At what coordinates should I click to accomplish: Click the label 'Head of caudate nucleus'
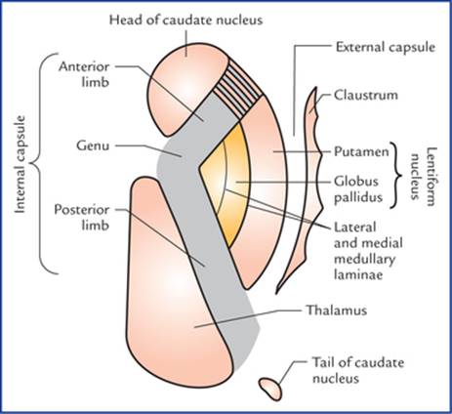[x=185, y=21]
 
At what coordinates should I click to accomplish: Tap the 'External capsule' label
[x=386, y=48]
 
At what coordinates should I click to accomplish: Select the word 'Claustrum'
[x=366, y=96]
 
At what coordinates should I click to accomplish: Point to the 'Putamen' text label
[x=361, y=151]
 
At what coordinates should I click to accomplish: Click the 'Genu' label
[x=93, y=145]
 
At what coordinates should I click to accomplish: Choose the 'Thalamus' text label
[x=337, y=310]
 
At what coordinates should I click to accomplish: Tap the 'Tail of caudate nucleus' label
[x=358, y=370]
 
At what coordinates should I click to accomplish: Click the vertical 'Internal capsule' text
[x=20, y=164]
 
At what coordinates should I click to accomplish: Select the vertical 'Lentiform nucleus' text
[x=423, y=177]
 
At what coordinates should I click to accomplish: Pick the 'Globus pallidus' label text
[x=358, y=189]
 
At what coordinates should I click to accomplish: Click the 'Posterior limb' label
[x=81, y=218]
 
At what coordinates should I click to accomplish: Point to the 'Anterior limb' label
[x=84, y=74]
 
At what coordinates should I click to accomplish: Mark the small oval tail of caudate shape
[x=270, y=389]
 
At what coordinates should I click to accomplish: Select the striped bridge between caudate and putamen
[x=238, y=87]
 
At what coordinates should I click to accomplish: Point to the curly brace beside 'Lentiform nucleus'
[x=398, y=176]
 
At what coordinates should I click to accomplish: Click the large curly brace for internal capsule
[x=43, y=163]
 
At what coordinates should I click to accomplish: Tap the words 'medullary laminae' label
[x=364, y=268]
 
